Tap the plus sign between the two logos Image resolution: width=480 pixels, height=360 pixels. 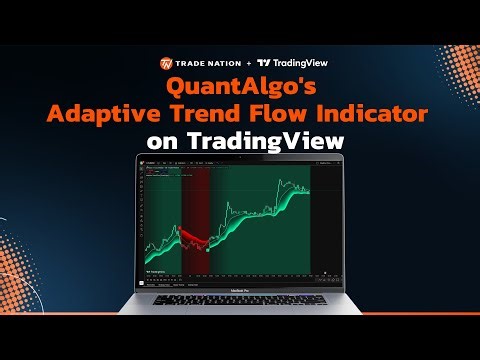[x=249, y=62]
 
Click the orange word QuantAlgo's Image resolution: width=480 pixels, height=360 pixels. [x=240, y=87]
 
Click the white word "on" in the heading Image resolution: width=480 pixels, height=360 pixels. [x=162, y=142]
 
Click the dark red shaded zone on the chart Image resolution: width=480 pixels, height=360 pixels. [x=195, y=200]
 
